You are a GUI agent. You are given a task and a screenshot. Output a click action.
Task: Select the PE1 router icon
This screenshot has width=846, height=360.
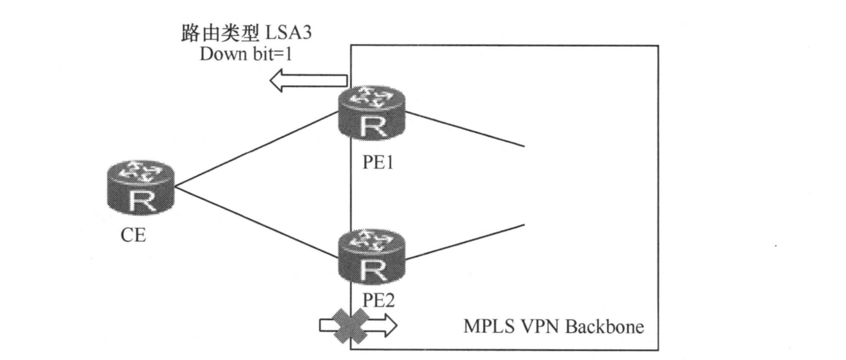(x=371, y=115)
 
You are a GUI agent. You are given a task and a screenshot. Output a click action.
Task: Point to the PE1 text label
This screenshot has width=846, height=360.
(x=370, y=164)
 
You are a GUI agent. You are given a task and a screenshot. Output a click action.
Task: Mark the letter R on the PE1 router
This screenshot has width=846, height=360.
(x=371, y=128)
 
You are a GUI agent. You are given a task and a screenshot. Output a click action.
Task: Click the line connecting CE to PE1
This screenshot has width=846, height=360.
(x=254, y=150)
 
